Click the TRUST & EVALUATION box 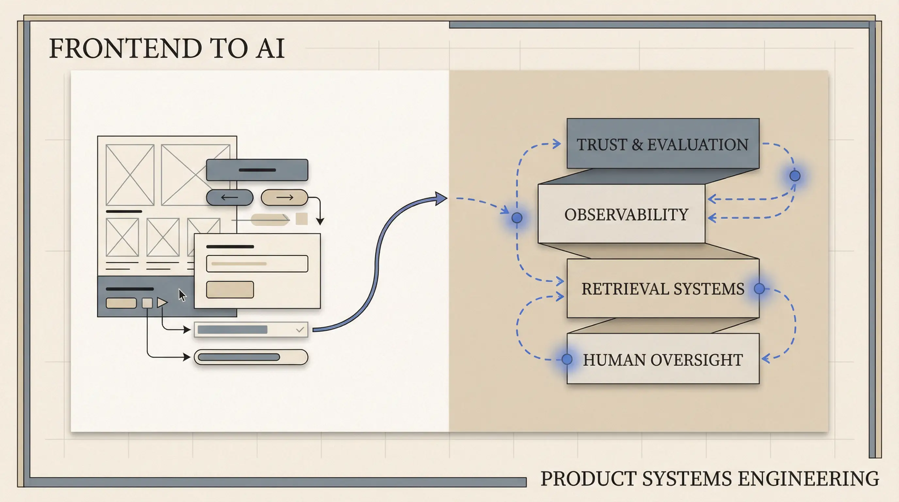(x=663, y=143)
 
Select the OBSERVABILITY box (x=622, y=214)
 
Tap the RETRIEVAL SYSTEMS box (x=663, y=288)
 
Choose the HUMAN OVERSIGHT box (x=663, y=359)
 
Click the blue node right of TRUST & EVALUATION (x=795, y=176)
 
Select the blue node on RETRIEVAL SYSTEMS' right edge (x=759, y=288)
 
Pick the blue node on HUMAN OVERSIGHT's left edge (x=567, y=359)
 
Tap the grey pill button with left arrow (x=230, y=198)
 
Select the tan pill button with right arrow (x=285, y=198)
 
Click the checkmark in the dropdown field (x=300, y=329)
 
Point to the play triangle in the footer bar (x=162, y=302)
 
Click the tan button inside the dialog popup (x=230, y=289)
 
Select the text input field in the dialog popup (x=257, y=263)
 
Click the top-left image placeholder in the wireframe (x=130, y=175)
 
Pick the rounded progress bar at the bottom (x=251, y=357)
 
